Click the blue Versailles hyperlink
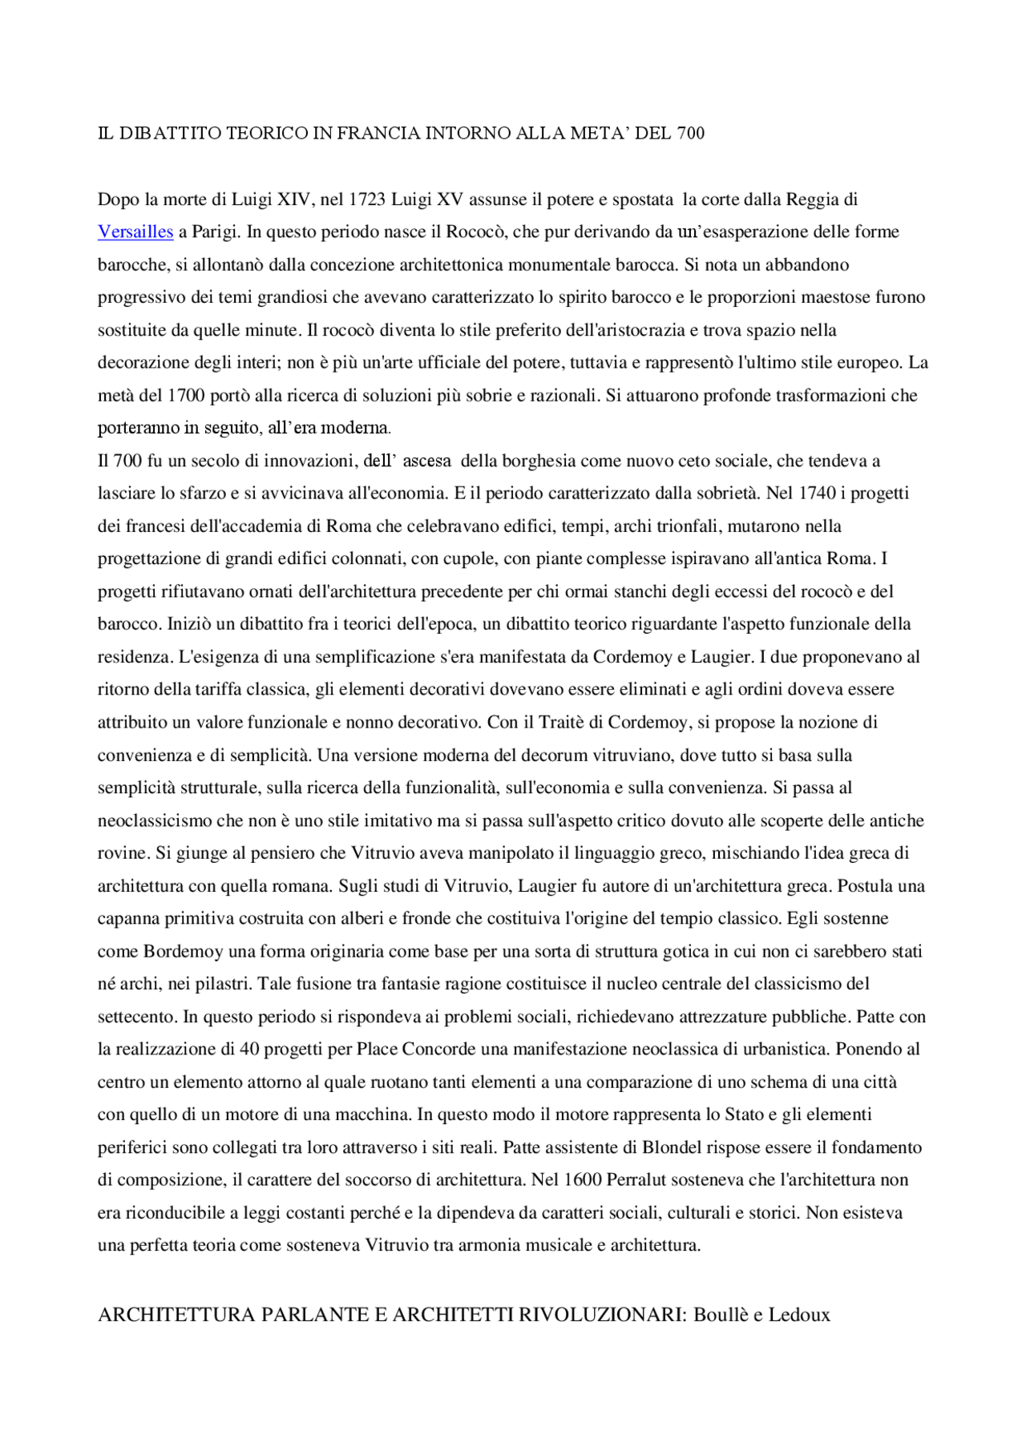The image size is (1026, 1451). (x=135, y=232)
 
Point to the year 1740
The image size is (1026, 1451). (x=817, y=493)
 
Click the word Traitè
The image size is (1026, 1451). (x=561, y=722)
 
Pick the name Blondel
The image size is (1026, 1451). (x=674, y=1147)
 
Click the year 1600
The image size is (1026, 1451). (x=583, y=1179)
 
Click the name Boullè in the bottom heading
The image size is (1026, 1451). (x=721, y=1315)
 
